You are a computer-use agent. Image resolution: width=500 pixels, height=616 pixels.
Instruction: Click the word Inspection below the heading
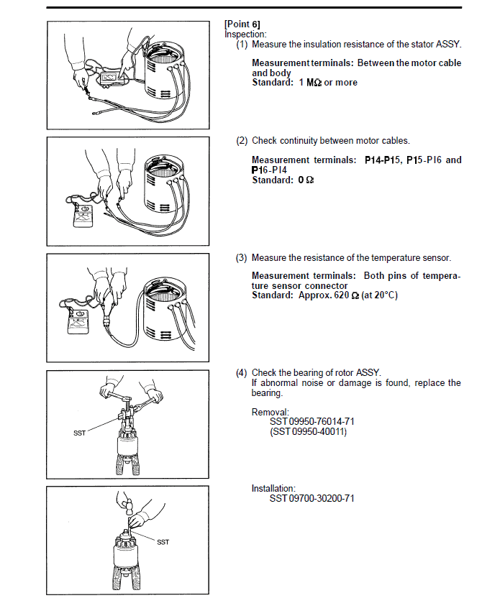(245, 34)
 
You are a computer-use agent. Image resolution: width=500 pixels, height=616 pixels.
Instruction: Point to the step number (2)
(242, 141)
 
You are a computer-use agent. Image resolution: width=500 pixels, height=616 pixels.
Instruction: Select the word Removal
(269, 412)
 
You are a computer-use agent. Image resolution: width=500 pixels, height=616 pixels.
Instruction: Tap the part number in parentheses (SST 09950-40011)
(308, 432)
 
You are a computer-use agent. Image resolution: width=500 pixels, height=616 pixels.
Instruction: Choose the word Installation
(273, 489)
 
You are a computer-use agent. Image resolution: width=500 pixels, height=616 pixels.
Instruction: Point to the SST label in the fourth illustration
(79, 433)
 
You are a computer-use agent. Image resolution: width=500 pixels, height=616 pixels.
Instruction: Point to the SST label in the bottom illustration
(163, 542)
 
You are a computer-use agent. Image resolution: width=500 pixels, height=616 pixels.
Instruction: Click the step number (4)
(242, 372)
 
